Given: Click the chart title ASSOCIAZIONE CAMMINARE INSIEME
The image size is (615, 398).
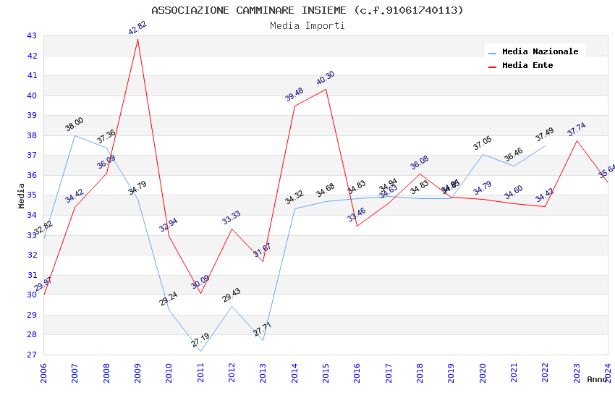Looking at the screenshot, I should tap(307, 10).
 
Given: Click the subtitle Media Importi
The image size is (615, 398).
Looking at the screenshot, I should tap(307, 26).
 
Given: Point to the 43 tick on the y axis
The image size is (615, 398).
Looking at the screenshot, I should tap(31, 35).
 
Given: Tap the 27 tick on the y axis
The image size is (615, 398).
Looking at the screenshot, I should tap(31, 355).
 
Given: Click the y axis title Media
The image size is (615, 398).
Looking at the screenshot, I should tap(21, 195).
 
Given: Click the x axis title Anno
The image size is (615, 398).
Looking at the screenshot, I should tap(597, 379).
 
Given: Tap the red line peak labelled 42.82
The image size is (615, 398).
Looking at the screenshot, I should tap(137, 39).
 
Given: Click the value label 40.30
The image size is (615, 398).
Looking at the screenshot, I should tap(326, 78).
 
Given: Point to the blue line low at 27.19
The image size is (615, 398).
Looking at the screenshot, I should tap(200, 352).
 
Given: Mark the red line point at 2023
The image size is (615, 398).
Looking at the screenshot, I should tap(577, 140).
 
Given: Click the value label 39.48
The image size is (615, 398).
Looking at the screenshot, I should tap(294, 95).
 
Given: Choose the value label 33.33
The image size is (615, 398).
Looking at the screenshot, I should tap(232, 218).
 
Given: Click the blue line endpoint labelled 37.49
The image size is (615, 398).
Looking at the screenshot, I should tap(545, 145).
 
